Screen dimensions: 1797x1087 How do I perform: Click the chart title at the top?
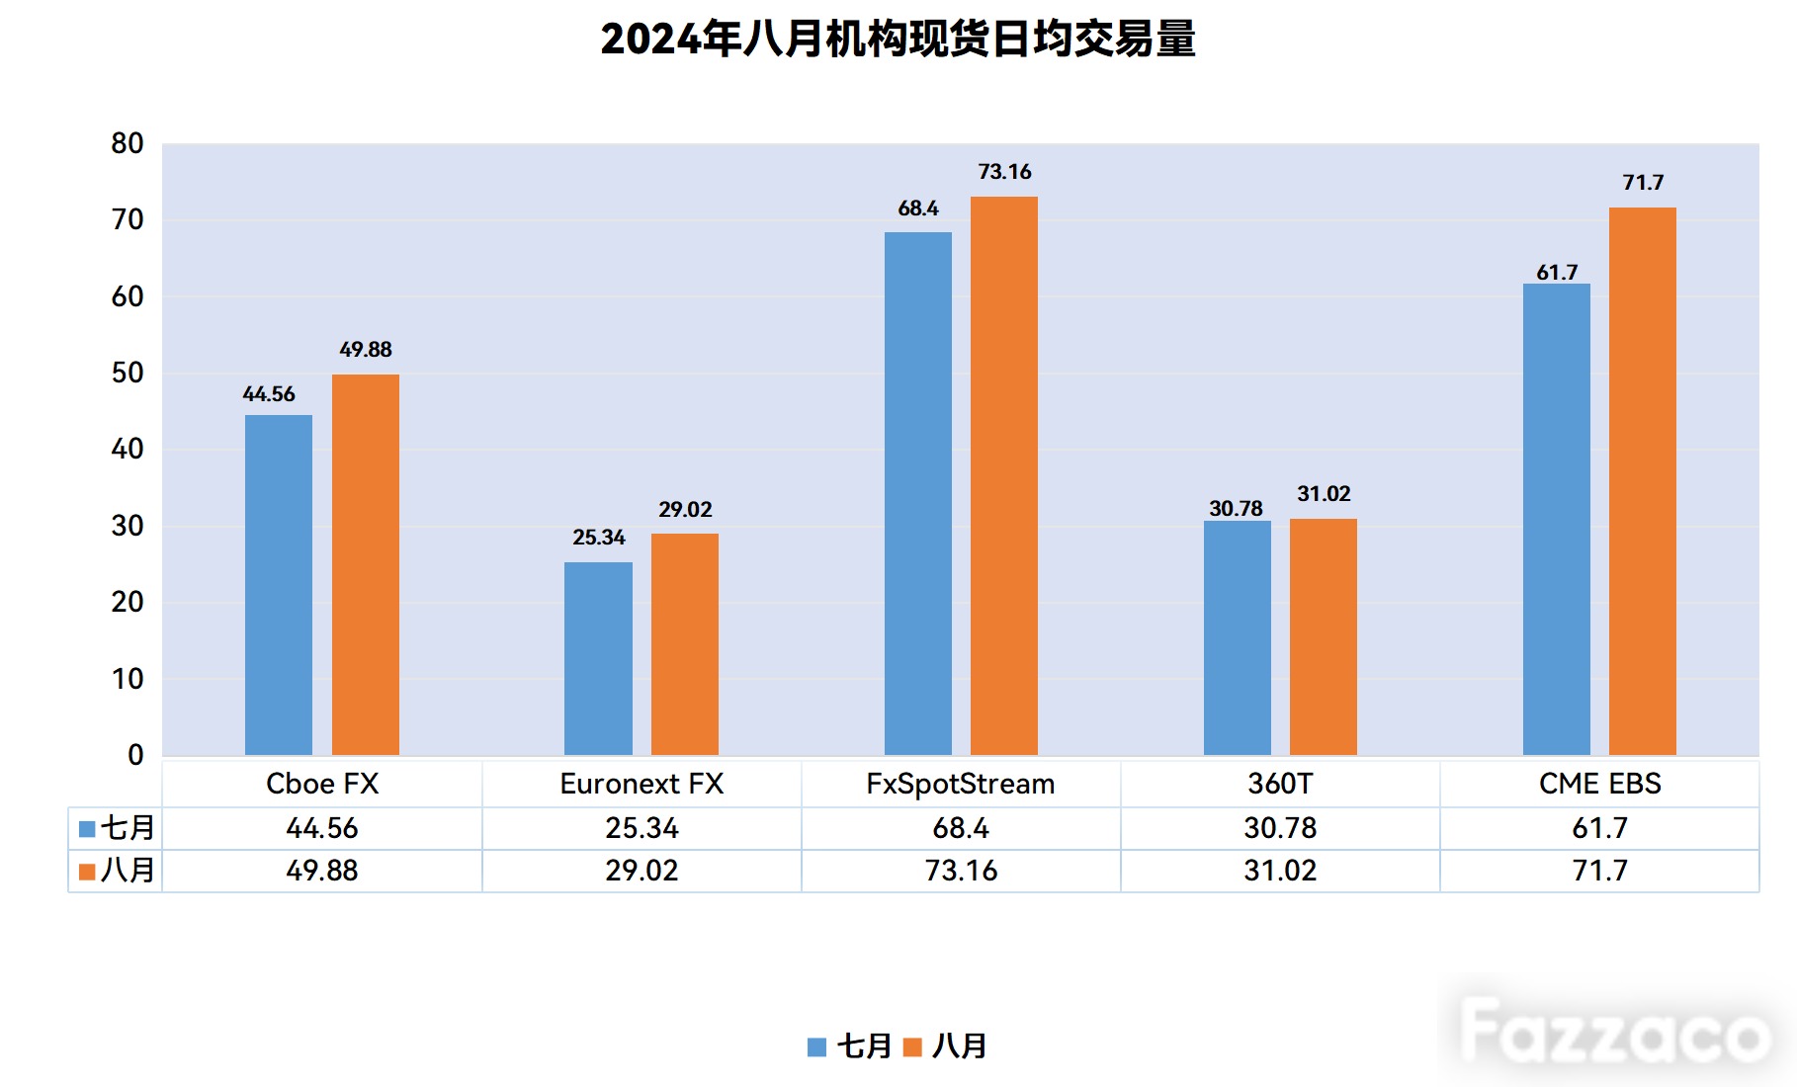898,40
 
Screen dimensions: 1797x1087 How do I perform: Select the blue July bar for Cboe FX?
279,585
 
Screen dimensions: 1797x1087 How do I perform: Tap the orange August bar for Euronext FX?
685,644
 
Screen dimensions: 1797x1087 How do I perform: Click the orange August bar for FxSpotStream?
1004,476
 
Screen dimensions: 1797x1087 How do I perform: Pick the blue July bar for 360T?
1238,638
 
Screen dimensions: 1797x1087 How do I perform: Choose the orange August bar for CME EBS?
1643,481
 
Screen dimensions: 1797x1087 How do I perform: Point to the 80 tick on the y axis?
128,144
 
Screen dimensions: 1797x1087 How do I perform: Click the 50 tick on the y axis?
128,374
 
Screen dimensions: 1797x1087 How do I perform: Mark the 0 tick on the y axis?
135,755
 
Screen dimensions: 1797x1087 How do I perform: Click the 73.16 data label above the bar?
1004,172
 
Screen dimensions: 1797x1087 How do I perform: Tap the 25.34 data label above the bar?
599,538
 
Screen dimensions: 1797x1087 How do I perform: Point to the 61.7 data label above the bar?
1557,273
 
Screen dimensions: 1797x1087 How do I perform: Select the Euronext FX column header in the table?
642,784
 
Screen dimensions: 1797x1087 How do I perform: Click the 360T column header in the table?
1280,784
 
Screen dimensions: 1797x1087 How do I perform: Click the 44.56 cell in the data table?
322,828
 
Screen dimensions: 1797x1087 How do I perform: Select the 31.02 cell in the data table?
1280,871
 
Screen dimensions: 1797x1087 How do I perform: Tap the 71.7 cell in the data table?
1599,871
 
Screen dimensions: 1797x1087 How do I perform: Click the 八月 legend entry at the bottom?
946,1046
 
